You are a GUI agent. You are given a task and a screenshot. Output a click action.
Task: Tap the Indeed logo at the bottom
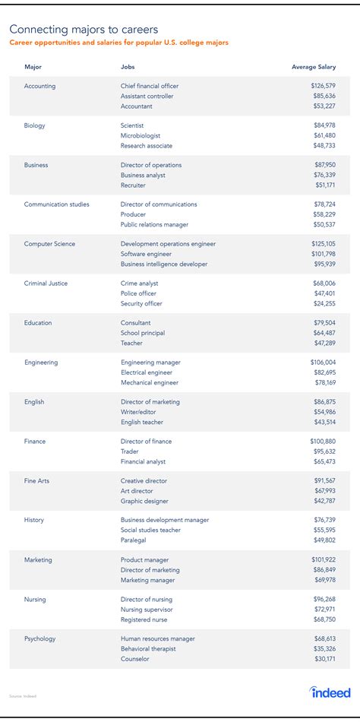330,692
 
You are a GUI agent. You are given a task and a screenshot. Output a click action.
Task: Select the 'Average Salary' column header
313,67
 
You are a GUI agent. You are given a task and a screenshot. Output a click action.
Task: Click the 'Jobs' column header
128,67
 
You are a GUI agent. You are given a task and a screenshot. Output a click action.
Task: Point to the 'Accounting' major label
39,86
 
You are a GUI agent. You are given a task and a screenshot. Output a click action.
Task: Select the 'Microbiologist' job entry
141,135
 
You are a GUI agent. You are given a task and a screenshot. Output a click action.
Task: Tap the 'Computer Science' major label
49,244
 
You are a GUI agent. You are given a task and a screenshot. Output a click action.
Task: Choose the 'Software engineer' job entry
147,254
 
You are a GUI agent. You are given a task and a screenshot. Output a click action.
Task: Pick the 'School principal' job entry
144,333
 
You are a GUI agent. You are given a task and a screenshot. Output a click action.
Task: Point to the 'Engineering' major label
41,363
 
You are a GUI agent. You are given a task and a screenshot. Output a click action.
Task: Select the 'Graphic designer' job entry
144,501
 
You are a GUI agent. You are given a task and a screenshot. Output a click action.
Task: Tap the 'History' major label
34,521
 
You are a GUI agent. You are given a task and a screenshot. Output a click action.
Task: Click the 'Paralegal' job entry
134,540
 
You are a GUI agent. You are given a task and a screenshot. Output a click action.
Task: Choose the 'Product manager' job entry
144,560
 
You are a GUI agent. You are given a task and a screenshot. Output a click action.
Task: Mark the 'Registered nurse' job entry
144,619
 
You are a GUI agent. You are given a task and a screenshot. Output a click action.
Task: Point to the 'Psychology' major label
39,639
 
